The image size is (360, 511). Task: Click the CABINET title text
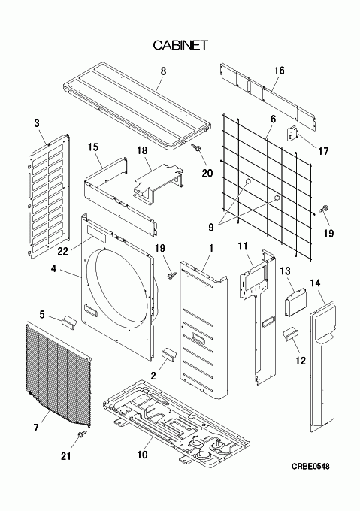[180, 45]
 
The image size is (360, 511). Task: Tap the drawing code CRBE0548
[310, 467]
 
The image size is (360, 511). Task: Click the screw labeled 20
[196, 147]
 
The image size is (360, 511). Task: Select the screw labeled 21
[83, 434]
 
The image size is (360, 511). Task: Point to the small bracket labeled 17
[292, 134]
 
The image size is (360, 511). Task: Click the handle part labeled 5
[68, 322]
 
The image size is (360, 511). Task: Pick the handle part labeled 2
[168, 354]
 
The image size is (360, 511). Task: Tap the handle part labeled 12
[291, 335]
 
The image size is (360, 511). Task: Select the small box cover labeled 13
[296, 302]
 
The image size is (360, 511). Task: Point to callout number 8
[163, 71]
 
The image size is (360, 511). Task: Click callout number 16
[279, 71]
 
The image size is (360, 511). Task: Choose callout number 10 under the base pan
[142, 455]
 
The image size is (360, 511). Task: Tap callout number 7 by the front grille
[36, 428]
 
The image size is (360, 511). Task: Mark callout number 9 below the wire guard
[211, 227]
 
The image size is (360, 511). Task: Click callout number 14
[315, 283]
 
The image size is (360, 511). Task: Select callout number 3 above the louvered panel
[37, 123]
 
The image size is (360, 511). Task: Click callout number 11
[243, 246]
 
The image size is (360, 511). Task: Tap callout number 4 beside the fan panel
[54, 268]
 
